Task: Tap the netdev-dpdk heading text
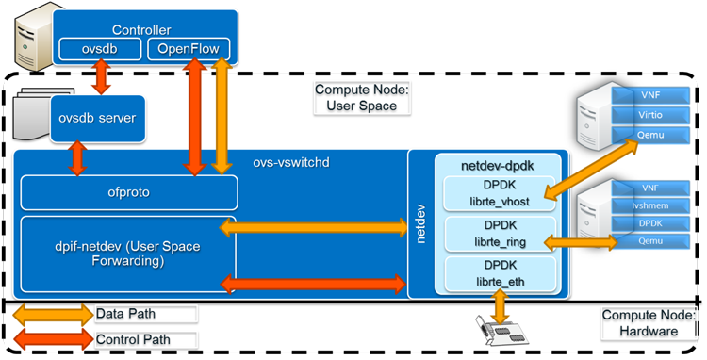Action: point(497,165)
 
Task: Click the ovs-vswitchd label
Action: point(290,162)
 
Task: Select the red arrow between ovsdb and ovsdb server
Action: point(100,76)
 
